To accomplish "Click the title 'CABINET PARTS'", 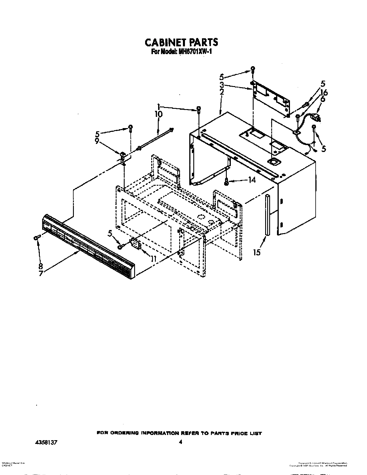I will click(x=181, y=42).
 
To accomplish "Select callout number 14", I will click(x=252, y=180).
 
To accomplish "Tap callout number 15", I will click(x=256, y=252).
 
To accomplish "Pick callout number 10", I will click(x=158, y=114).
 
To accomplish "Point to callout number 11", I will click(x=153, y=259).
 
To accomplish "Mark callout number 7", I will click(x=41, y=273).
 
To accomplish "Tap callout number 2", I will click(x=222, y=92).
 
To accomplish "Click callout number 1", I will click(x=158, y=106).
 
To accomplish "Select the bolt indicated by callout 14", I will click(x=226, y=182).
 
